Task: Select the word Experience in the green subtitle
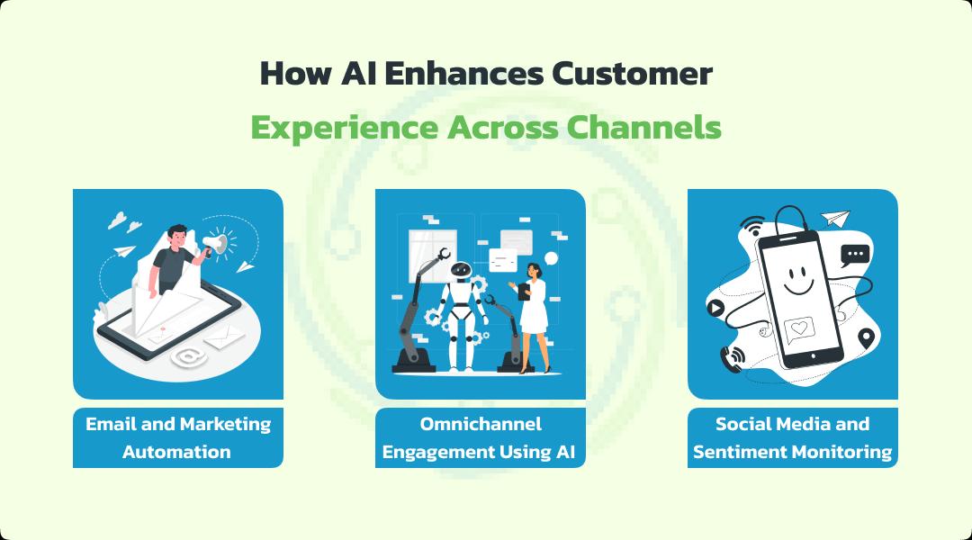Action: (344, 128)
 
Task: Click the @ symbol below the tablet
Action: (188, 356)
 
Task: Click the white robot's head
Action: (461, 273)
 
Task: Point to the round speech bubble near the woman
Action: (551, 258)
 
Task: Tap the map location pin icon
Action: (866, 338)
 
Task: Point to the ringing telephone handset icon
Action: (733, 358)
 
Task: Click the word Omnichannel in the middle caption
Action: (481, 423)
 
